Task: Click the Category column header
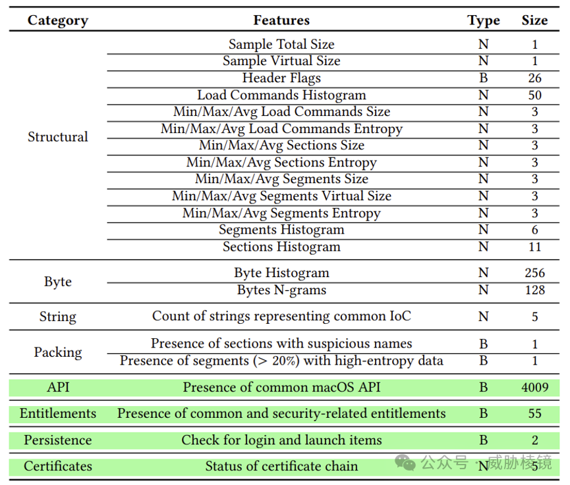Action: click(x=58, y=20)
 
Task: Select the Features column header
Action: click(x=281, y=20)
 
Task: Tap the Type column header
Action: click(x=484, y=20)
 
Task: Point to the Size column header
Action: click(x=534, y=20)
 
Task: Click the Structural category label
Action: click(x=58, y=137)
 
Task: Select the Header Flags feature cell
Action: click(x=281, y=78)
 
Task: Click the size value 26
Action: click(x=534, y=78)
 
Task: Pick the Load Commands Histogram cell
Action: click(x=281, y=95)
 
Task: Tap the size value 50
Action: click(x=534, y=95)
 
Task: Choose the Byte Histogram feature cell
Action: click(x=281, y=273)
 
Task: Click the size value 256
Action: click(x=534, y=273)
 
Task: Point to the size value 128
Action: click(x=534, y=290)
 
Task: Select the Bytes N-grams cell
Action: click(x=281, y=290)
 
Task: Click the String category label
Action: click(x=58, y=317)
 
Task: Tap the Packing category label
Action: click(x=58, y=352)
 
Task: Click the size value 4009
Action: click(x=534, y=388)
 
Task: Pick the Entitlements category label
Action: click(x=58, y=413)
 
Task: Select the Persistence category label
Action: click(x=58, y=440)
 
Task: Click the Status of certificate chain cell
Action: click(x=281, y=466)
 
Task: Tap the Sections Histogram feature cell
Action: click(x=281, y=247)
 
